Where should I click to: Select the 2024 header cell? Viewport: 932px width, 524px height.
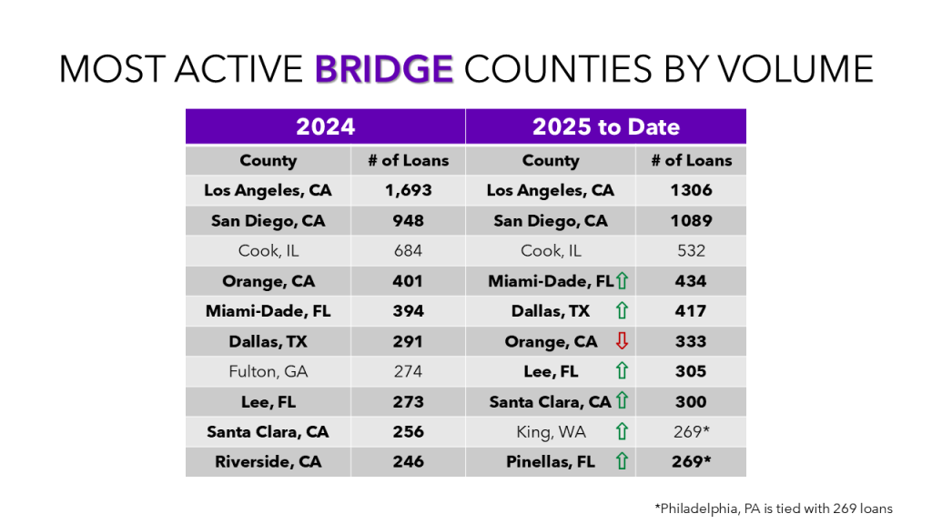[x=325, y=126]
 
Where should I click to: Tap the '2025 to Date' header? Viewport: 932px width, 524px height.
[x=605, y=126]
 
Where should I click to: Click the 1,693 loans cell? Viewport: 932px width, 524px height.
[x=408, y=190]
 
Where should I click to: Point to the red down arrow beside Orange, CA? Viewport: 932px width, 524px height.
[x=623, y=342]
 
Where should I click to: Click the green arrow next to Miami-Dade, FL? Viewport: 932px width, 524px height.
[x=623, y=282]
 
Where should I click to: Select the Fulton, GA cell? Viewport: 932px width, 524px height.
[x=268, y=371]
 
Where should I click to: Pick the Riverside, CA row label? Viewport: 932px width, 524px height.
[x=268, y=461]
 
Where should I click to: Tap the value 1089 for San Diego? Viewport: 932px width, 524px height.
[x=691, y=220]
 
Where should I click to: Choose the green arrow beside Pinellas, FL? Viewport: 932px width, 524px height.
[x=623, y=461]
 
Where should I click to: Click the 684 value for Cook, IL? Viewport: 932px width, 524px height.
[x=408, y=250]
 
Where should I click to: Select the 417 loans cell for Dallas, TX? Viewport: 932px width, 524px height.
[x=691, y=311]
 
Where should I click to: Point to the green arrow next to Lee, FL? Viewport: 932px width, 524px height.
[x=623, y=371]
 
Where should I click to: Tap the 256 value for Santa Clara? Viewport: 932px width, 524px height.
[x=408, y=431]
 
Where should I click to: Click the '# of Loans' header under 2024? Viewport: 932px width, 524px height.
[x=408, y=160]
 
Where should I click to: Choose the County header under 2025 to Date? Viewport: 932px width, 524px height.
[x=550, y=160]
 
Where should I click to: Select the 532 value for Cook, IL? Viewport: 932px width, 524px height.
[x=691, y=250]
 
